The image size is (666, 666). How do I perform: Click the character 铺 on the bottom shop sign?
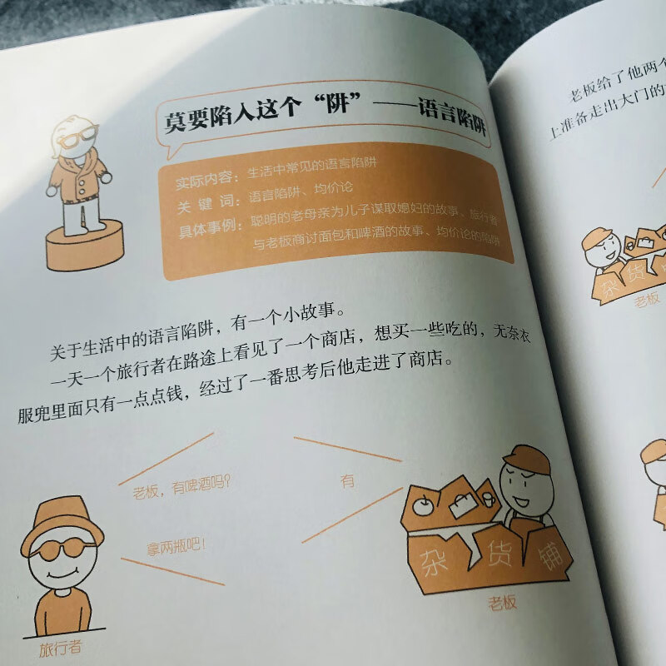coord(549,558)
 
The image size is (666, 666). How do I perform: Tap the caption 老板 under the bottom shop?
coord(503,602)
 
